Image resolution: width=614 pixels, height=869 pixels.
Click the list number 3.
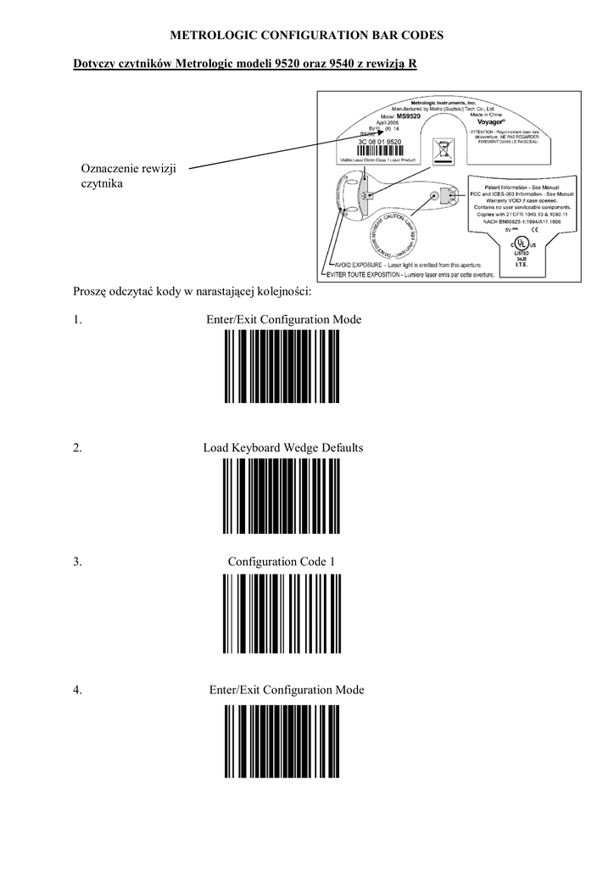[77, 562]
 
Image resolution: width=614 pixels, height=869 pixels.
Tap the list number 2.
[77, 447]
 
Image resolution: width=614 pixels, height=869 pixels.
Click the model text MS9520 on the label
[408, 115]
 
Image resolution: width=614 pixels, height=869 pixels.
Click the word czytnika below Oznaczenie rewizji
[103, 182]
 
